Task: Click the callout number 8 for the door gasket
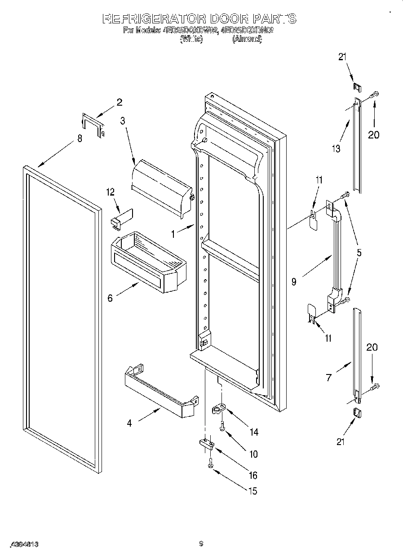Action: coord(80,139)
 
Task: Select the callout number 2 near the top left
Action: coord(119,102)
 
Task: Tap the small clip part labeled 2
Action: coord(93,125)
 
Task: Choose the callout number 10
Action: coord(253,455)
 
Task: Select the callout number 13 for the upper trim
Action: coord(336,149)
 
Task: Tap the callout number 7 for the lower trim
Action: coord(329,378)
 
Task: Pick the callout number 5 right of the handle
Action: coord(359,253)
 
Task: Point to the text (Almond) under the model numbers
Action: coord(247,39)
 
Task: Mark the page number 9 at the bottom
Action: coord(201,544)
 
